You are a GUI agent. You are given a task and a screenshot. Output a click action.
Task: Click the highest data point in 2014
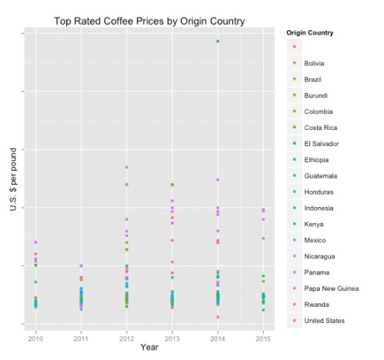coord(218,41)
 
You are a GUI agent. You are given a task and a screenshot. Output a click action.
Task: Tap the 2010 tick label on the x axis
coord(35,338)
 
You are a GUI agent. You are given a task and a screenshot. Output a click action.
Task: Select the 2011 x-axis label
coord(81,338)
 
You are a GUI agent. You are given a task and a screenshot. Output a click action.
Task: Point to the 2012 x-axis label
coord(126,338)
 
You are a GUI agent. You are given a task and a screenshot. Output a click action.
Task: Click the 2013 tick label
coord(172,338)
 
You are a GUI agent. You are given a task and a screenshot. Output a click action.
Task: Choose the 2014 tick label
coord(218,338)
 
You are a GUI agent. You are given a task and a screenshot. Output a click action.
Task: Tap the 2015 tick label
coord(263,338)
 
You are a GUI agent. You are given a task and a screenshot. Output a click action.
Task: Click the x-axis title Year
coord(149,348)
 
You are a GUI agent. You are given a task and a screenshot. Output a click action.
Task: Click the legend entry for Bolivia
coord(314,63)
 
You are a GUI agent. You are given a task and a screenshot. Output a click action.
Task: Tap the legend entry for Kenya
coord(312,224)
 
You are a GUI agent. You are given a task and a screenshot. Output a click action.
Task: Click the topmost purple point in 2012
coord(126,167)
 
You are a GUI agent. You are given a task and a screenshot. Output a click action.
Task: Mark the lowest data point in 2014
coord(218,317)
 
